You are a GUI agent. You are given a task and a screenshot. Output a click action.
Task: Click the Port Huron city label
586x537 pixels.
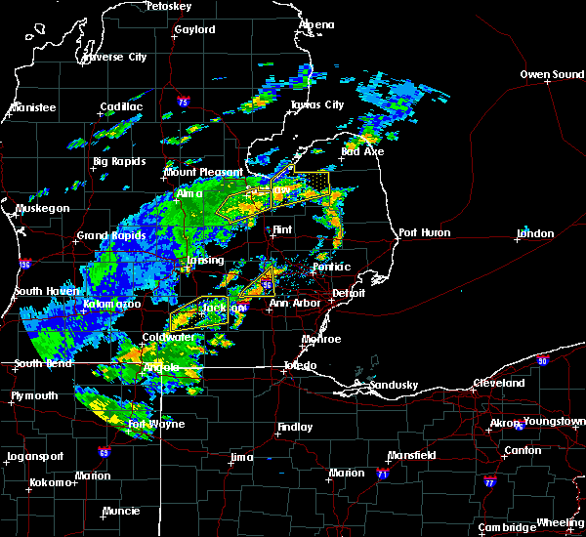click(421, 232)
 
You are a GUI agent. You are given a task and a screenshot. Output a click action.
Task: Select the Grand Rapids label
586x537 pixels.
click(111, 235)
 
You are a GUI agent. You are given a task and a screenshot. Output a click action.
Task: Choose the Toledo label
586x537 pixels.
click(300, 365)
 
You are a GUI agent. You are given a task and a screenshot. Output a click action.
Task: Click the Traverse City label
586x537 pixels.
click(114, 57)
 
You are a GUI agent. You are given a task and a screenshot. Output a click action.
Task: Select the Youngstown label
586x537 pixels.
click(555, 421)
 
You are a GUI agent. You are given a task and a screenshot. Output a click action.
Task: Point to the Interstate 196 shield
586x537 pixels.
click(24, 264)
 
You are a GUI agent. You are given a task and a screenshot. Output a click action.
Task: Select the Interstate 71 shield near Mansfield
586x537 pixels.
click(382, 474)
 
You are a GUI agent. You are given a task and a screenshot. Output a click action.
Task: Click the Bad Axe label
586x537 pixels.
click(362, 151)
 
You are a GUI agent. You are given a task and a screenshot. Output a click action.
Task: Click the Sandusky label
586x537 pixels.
click(389, 385)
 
